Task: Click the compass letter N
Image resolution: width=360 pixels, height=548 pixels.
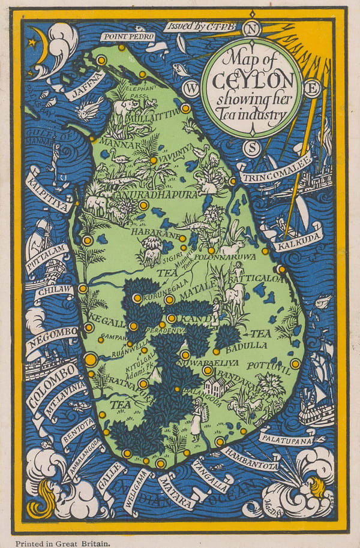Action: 253,28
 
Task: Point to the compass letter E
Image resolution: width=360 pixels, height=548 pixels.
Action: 312,89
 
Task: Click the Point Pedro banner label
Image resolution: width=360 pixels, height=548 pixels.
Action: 127,37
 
